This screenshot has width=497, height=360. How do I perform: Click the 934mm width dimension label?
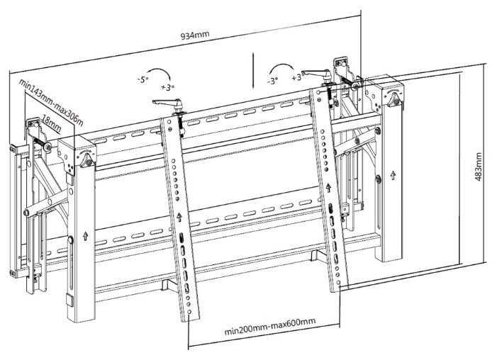[x=195, y=34]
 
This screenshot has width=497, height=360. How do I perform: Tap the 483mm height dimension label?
[x=479, y=167]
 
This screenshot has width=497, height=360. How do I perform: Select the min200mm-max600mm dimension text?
[x=270, y=327]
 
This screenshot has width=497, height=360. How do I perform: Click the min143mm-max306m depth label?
[x=51, y=102]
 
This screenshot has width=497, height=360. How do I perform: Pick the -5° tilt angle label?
[x=143, y=79]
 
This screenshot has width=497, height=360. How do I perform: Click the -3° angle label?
[x=272, y=81]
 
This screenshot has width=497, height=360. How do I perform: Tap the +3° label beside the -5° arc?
[x=167, y=87]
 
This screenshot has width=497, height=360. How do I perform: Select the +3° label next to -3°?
[x=298, y=77]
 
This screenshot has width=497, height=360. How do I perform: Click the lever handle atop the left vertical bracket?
[x=167, y=103]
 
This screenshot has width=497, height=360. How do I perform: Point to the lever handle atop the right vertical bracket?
[x=316, y=74]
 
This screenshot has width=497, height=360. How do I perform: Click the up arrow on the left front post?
[x=85, y=236]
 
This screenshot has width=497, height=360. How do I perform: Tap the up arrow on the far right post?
[x=393, y=175]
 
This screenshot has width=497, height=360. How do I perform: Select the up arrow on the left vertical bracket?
[x=179, y=217]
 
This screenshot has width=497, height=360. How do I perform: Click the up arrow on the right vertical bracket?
[x=328, y=188]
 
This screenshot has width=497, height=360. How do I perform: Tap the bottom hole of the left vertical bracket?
[x=189, y=312]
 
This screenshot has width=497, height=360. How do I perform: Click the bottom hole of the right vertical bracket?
[x=339, y=282]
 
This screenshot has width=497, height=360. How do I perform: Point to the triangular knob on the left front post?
[x=86, y=160]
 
